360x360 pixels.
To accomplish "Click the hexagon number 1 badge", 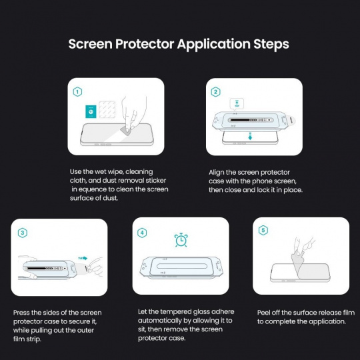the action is [x=77, y=92].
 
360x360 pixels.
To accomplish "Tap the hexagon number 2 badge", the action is [x=215, y=92].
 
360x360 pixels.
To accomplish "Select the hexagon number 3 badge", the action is [x=23, y=233].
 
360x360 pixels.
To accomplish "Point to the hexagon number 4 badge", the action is [x=142, y=233].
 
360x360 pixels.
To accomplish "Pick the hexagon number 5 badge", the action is [x=263, y=230].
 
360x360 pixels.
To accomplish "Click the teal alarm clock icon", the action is [x=181, y=240].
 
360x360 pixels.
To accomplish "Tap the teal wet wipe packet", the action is [x=91, y=111].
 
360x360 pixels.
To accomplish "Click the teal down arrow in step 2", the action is [x=250, y=136].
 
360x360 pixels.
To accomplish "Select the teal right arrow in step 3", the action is [x=83, y=258].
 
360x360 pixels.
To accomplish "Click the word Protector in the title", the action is [x=145, y=44].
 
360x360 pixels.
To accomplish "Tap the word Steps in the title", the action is [x=271, y=44].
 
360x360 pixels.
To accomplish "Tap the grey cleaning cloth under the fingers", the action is [x=125, y=131].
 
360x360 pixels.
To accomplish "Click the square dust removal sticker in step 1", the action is [x=107, y=110].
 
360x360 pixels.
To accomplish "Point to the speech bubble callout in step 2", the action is [x=237, y=104].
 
